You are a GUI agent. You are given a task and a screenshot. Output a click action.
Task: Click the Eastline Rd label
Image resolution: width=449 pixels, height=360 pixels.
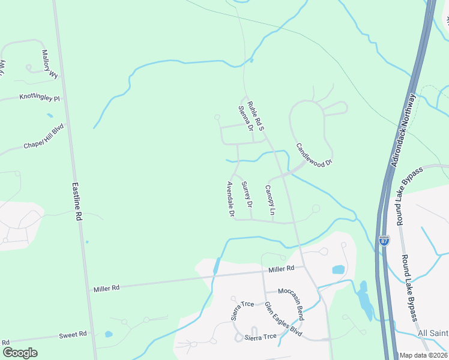(76, 203)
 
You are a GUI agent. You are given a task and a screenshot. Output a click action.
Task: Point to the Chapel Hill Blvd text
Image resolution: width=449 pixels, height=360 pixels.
(43, 137)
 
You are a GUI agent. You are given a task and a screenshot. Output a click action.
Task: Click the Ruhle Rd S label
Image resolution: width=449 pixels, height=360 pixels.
(256, 116)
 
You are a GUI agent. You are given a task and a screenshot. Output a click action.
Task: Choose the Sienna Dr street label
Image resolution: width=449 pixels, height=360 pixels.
(245, 118)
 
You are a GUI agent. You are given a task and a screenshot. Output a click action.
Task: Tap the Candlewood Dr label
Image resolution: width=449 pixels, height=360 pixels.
(313, 155)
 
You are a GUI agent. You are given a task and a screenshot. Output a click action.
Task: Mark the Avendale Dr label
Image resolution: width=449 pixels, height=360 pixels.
(230, 199)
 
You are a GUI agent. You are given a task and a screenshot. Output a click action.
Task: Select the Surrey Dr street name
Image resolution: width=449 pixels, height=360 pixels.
(247, 194)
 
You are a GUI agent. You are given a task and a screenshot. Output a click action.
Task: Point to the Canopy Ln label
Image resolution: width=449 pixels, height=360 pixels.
(270, 200)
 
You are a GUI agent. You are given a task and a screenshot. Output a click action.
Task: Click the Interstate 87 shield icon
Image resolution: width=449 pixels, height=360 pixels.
(384, 241)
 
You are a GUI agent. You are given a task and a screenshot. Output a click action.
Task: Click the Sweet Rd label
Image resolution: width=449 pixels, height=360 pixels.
(73, 334)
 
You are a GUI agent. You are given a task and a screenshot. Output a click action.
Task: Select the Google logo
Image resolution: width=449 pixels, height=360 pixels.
(20, 353)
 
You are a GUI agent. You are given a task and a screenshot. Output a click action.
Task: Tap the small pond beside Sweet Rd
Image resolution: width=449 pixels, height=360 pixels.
(108, 334)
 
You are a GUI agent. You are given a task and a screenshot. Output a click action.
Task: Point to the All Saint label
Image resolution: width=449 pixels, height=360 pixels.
(432, 333)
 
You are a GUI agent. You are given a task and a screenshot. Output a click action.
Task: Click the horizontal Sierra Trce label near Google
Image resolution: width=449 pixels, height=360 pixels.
(261, 337)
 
